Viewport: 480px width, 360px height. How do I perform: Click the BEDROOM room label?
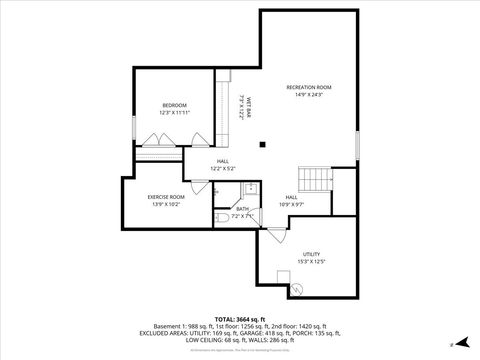pos(175,105)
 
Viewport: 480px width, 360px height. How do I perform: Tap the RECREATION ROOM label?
pos(309,88)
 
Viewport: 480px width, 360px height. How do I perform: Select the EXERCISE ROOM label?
pos(166,197)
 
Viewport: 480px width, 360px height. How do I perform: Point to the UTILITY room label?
pos(311,255)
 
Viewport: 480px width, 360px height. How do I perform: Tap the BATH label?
pos(243,209)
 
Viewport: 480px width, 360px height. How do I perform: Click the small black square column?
pos(262,142)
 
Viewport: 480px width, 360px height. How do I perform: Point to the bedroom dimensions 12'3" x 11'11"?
pos(175,112)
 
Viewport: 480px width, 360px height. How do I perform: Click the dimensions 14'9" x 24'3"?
pos(309,95)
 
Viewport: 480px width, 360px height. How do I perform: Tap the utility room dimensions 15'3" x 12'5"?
pos(311,262)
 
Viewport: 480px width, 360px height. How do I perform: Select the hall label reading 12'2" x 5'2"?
pos(222,167)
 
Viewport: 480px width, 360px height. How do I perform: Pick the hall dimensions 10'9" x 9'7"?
pos(291,204)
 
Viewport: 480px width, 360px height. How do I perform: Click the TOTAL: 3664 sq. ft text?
pos(240,317)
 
